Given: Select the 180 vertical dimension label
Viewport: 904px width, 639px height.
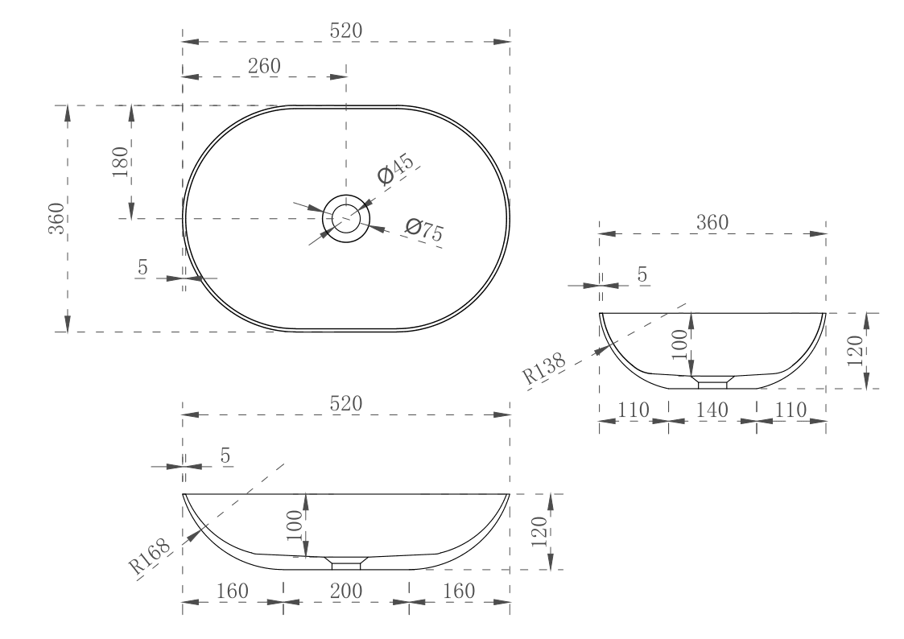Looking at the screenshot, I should (x=121, y=163).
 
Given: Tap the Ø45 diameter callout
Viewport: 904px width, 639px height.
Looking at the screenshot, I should (x=395, y=171).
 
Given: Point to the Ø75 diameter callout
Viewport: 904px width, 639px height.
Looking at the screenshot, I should (x=424, y=231).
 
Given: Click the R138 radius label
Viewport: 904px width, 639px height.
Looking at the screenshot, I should (x=543, y=365).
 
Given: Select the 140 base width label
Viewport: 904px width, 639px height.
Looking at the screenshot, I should (x=712, y=410).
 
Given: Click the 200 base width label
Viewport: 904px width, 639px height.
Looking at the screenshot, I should (x=346, y=591).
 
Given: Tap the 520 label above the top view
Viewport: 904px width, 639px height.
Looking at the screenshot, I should (x=346, y=31).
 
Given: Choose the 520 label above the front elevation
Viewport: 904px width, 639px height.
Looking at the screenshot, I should (x=346, y=403).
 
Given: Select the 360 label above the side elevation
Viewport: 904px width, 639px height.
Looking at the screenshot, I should (x=712, y=223).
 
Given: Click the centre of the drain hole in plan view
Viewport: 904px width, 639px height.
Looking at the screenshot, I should (x=346, y=218).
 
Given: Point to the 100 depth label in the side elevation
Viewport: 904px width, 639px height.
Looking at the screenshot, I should (x=681, y=344).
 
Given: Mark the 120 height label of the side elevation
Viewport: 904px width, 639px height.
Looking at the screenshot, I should (x=855, y=351).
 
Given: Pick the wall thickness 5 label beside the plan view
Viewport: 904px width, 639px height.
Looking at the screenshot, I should (x=142, y=268).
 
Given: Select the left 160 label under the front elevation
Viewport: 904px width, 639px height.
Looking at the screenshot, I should (x=233, y=591).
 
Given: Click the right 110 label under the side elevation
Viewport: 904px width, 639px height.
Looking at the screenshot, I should (x=790, y=410).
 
